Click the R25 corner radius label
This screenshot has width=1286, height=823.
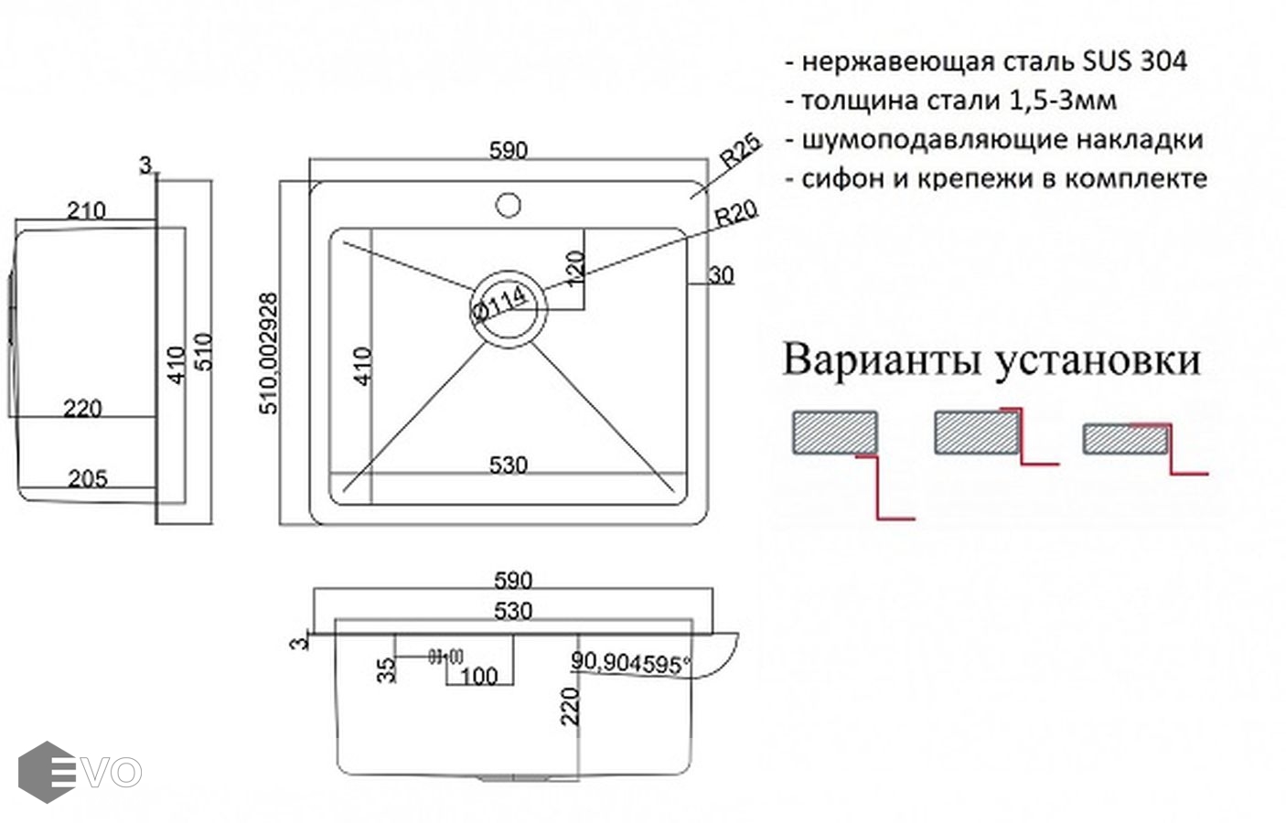[740, 151]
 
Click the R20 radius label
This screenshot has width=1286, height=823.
[735, 214]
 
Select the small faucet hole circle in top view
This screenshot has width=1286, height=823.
[509, 204]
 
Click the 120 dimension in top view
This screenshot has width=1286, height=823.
[574, 268]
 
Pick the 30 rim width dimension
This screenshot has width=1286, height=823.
[722, 275]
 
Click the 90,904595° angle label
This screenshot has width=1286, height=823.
[630, 663]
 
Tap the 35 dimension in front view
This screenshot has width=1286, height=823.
[388, 669]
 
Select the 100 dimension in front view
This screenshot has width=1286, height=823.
[478, 677]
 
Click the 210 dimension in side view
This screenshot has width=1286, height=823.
[86, 210]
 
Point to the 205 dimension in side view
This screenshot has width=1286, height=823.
[88, 478]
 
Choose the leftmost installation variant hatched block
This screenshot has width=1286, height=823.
[834, 433]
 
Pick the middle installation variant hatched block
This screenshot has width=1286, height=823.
[976, 433]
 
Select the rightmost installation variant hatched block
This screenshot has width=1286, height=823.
[1125, 440]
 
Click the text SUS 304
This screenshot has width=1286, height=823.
[1135, 61]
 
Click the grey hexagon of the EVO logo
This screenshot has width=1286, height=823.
[46, 772]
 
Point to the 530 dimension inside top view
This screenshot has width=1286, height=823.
[508, 465]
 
